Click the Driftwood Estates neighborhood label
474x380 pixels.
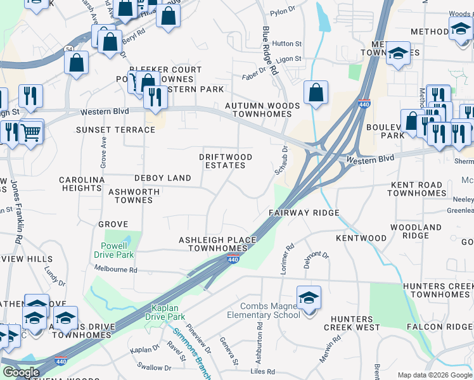pos(226,161)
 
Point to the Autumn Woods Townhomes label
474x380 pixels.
pos(262,110)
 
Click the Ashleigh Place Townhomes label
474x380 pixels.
pos(217,244)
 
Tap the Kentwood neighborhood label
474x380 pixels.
pos(361,238)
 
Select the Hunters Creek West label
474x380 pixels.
pos(350,323)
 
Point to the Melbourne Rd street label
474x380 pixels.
pos(115,269)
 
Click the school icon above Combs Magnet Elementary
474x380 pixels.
pos(309,298)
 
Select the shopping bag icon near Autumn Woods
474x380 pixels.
pos(316,93)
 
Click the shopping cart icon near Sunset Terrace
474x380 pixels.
pos(30,132)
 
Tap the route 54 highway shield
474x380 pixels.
pos(68,49)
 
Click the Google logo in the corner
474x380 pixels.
pos(21,372)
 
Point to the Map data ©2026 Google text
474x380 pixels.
pos(435,375)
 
